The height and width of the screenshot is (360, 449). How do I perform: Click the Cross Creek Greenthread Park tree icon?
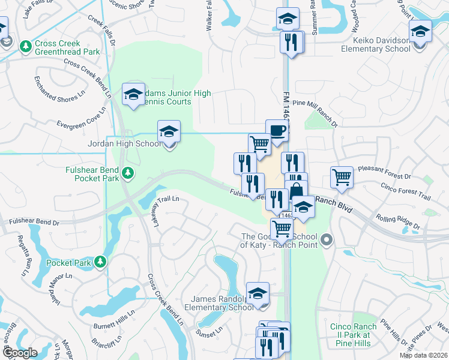25,46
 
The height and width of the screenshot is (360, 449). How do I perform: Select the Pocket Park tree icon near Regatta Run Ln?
100,262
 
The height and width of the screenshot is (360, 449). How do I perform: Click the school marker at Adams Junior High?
133,94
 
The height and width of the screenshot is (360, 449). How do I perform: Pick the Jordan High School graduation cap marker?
169,131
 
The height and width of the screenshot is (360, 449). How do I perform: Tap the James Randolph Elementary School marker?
258,293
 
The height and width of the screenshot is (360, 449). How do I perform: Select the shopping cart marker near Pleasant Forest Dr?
342,176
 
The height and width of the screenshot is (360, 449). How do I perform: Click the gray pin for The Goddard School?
327,241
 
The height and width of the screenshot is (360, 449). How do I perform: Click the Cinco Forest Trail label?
406,192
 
